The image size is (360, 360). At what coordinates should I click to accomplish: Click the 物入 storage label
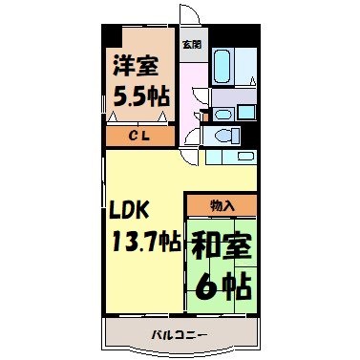pos(222,205)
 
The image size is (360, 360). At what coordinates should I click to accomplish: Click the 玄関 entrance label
pos(192,44)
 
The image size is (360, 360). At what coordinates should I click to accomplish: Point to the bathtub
pos(222,67)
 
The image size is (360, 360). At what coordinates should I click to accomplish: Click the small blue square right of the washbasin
pos(245,113)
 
